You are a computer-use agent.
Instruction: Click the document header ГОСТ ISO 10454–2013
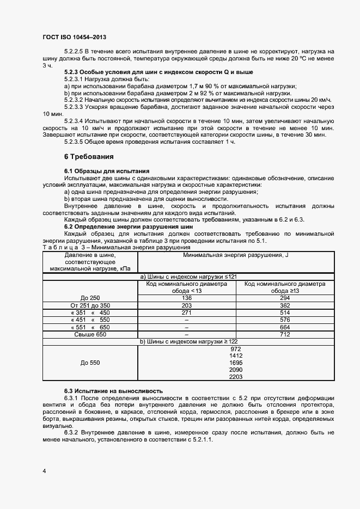pyautogui.click(x=74, y=37)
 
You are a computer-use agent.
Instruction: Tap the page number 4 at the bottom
pyautogui.click(x=44, y=470)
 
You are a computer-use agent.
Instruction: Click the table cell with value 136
pyautogui.click(x=187, y=298)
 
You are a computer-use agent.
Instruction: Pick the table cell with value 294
pyautogui.click(x=284, y=298)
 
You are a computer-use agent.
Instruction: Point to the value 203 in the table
pyautogui.click(x=187, y=305)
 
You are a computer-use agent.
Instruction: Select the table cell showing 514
pyautogui.click(x=284, y=312)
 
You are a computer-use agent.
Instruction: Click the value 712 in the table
pyautogui.click(x=284, y=334)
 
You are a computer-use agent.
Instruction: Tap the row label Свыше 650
pyautogui.click(x=90, y=334)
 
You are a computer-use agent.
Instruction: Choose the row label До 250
pyautogui.click(x=90, y=298)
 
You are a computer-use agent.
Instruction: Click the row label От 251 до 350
pyautogui.click(x=90, y=305)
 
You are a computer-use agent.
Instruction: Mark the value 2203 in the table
pyautogui.click(x=236, y=377)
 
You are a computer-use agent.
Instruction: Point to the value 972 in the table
pyautogui.click(x=236, y=348)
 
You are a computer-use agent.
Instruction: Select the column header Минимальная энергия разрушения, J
pyautogui.click(x=236, y=255)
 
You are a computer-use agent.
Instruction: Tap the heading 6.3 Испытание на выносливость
pyautogui.click(x=114, y=391)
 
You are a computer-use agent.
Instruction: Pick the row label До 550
pyautogui.click(x=90, y=363)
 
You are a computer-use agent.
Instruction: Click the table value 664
pyautogui.click(x=284, y=327)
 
